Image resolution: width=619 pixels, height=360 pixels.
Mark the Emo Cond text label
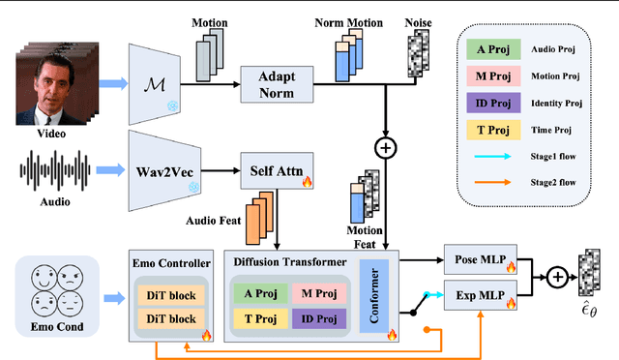(x=57, y=327)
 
